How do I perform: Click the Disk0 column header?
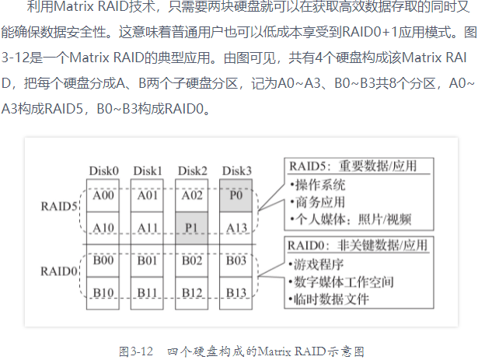103,170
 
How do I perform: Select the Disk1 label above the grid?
148,170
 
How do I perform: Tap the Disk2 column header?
192,170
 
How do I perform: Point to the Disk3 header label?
237,170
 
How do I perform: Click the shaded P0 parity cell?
236,196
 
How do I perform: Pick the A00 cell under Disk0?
103,196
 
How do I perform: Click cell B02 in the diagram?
192,260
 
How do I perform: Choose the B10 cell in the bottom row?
103,292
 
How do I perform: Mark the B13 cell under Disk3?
236,292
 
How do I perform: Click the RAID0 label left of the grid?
59,271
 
